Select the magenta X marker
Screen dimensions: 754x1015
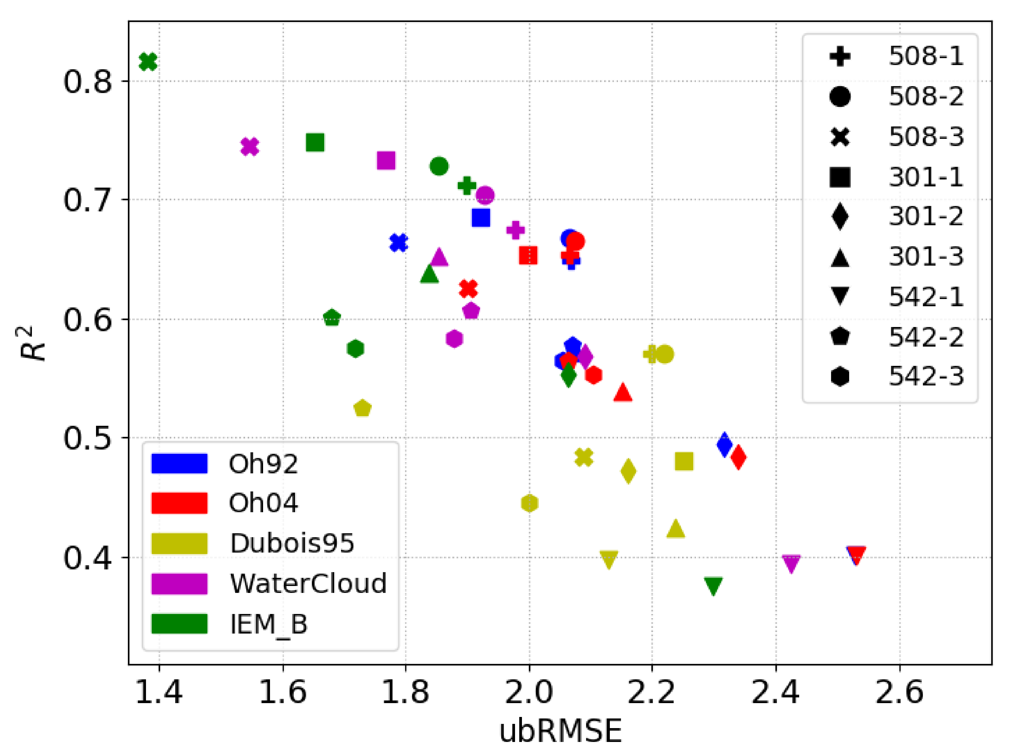tap(250, 147)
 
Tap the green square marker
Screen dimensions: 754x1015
tap(315, 142)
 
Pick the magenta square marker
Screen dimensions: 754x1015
tap(386, 160)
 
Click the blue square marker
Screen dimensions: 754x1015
tap(481, 218)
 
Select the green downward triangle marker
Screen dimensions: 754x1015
tap(713, 586)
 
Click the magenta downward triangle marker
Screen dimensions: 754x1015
tap(791, 563)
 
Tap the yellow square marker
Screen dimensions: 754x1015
tap(684, 461)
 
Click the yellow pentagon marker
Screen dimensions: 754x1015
tap(362, 408)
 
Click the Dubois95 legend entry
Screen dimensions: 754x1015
tap(292, 544)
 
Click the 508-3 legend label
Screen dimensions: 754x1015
tap(926, 136)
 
